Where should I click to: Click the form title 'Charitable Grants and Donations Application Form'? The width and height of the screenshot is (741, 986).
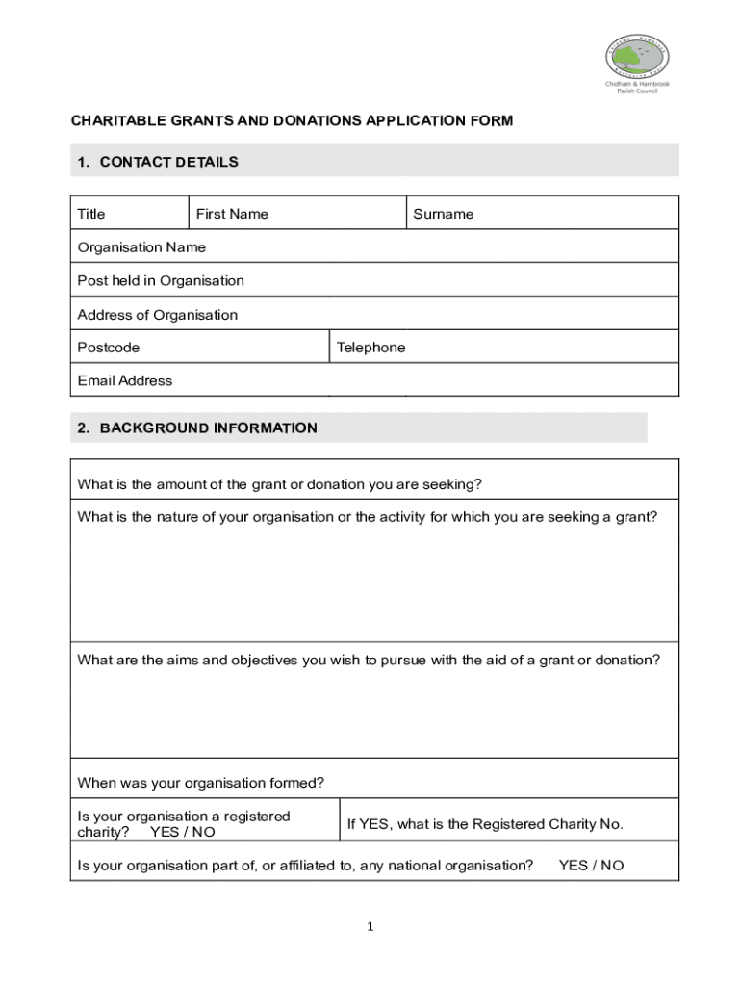coord(292,120)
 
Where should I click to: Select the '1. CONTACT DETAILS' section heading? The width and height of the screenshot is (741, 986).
coord(158,162)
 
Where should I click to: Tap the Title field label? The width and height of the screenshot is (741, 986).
coord(91,214)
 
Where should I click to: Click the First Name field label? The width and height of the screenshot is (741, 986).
coord(232,214)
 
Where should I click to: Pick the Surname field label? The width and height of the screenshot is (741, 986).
coord(443,214)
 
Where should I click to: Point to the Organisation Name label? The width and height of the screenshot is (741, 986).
coord(141,247)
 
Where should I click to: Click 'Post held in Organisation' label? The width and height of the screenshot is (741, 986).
coord(161,281)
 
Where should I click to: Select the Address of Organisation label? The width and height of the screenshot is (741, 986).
coord(157,315)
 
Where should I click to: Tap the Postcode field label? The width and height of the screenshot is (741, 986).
coord(108,348)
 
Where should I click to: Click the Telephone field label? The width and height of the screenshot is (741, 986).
coord(370,348)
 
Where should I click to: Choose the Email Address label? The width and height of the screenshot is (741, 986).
coord(125,380)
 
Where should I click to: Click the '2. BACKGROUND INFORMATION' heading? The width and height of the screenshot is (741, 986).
coord(197,428)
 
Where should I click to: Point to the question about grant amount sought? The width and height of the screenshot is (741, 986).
coord(279,483)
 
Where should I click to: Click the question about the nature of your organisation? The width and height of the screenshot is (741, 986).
coord(368,517)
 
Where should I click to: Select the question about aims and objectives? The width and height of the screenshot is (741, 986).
coord(369,660)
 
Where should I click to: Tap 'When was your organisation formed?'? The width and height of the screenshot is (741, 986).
coord(200,782)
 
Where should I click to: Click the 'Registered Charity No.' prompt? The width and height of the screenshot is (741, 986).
coord(485,824)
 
